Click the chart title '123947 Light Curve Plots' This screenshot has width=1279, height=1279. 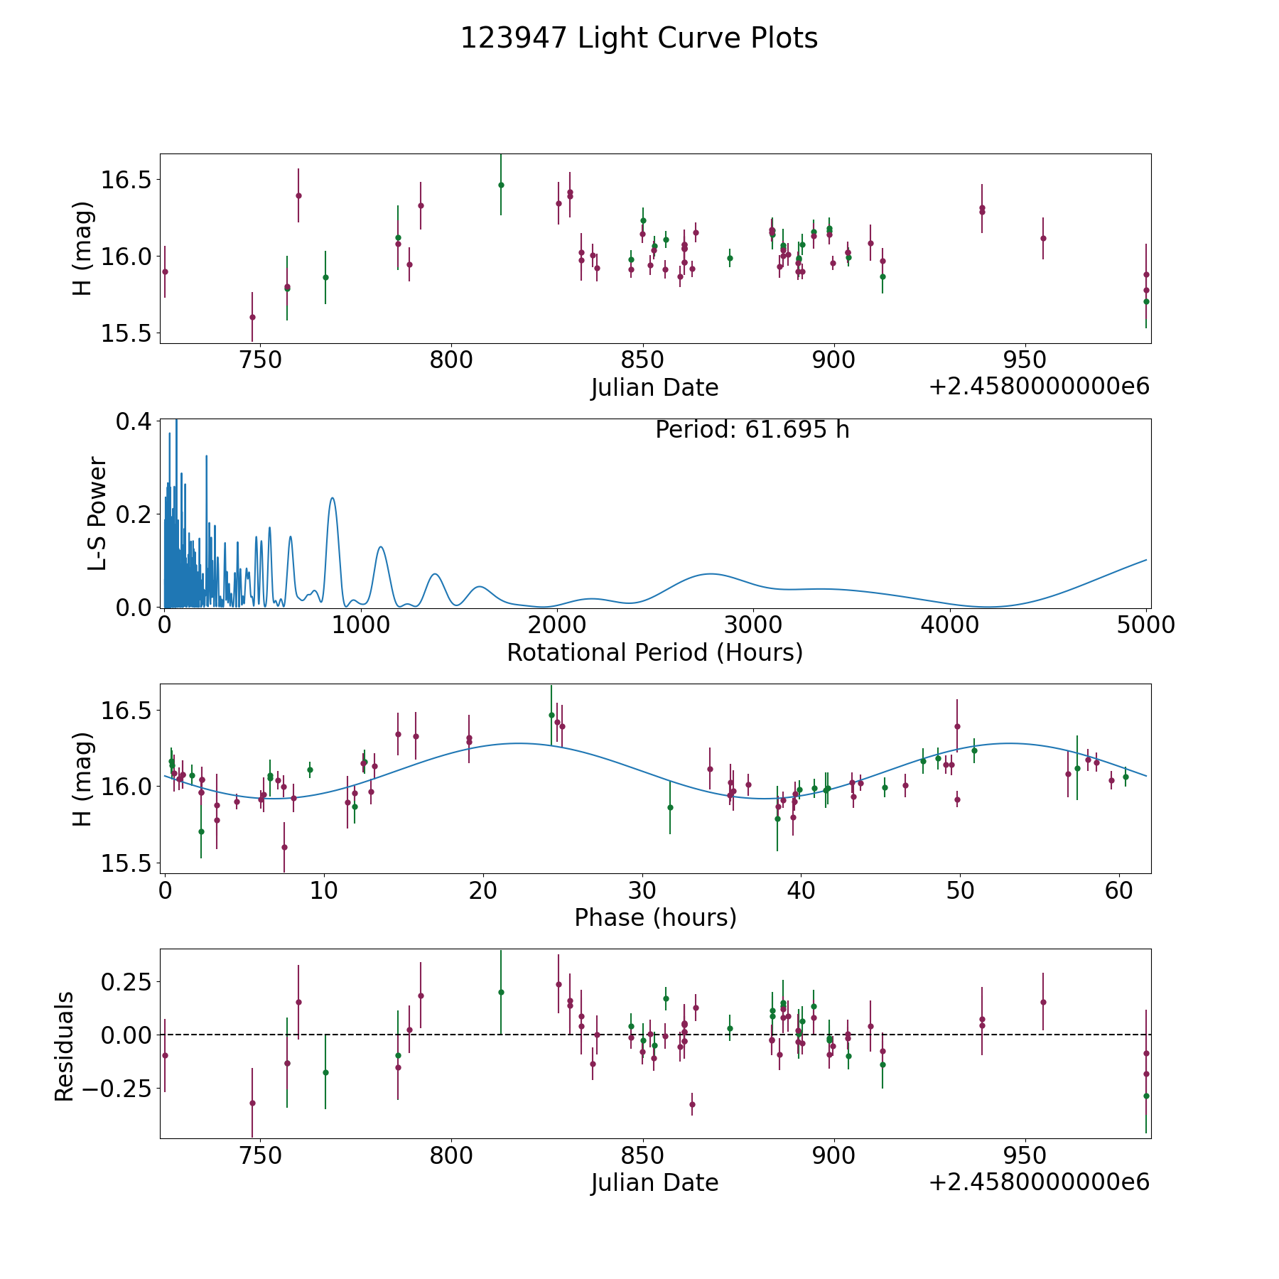point(639,38)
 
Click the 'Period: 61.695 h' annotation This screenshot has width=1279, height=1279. point(752,430)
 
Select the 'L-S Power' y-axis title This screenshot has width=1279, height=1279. point(98,513)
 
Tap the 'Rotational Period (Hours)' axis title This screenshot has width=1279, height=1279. point(654,652)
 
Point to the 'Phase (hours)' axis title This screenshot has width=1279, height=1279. point(655,917)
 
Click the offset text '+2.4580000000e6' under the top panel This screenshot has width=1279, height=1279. point(1039,387)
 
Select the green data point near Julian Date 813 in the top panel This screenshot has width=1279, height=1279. point(501,185)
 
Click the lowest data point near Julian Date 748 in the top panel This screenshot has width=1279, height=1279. point(252,317)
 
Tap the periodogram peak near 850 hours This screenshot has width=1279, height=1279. point(332,498)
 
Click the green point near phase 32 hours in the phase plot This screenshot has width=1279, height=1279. point(670,807)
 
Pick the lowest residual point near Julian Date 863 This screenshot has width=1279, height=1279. point(692,1104)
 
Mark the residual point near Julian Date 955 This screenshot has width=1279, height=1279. point(1043,1002)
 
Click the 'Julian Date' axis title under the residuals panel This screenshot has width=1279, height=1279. point(654,1182)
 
